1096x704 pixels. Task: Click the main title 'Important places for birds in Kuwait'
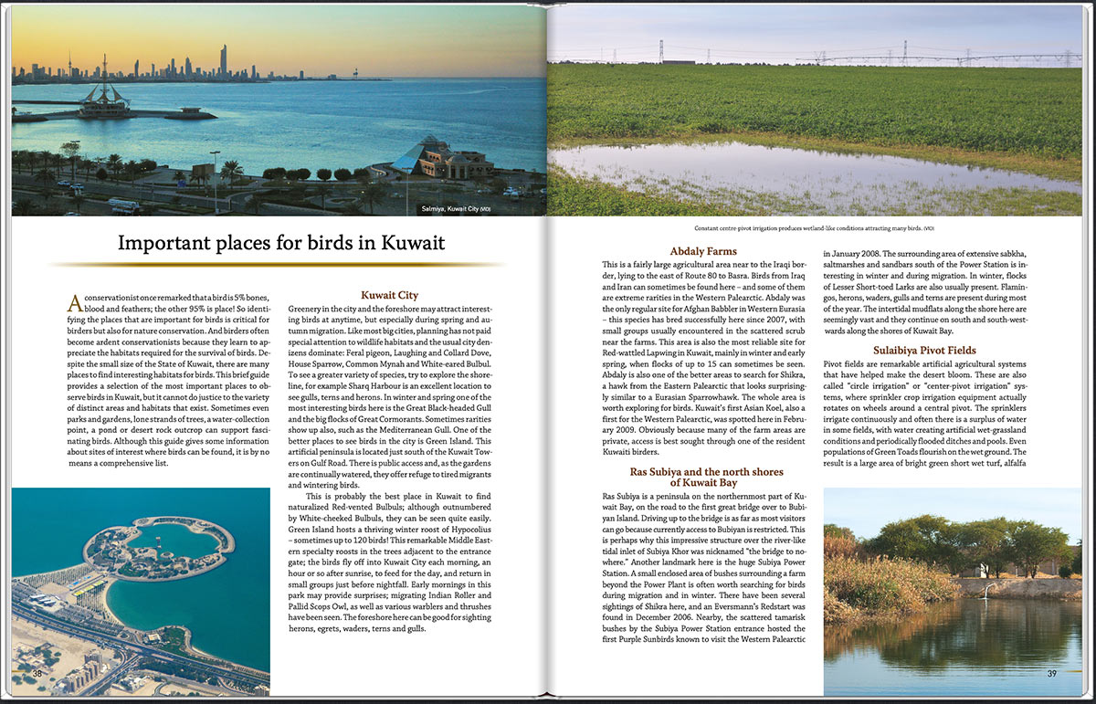point(281,244)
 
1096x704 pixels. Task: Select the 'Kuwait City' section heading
point(389,295)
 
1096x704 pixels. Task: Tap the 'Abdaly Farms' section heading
point(702,251)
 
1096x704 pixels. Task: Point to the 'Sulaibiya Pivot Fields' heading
point(924,350)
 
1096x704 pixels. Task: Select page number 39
point(1051,674)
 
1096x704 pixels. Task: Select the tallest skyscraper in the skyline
point(223,61)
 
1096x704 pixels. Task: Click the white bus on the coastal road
point(123,206)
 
